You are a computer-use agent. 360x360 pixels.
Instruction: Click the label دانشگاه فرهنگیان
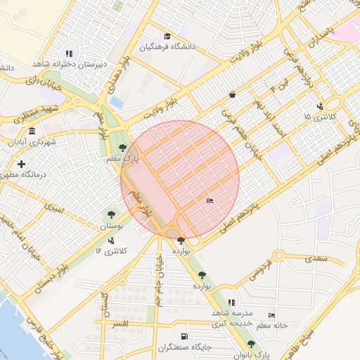click(167, 47)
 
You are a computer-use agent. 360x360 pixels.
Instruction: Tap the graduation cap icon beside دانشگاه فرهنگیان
click(167, 37)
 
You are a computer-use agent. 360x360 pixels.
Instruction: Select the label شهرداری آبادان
click(31, 141)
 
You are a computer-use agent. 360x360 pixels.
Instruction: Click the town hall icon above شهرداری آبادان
click(32, 131)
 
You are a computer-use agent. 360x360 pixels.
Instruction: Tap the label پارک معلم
click(141, 160)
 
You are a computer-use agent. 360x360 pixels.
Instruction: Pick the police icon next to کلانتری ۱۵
click(321, 107)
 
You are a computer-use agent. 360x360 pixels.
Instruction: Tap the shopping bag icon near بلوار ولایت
click(232, 94)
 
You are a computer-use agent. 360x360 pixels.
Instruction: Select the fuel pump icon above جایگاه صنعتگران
click(184, 337)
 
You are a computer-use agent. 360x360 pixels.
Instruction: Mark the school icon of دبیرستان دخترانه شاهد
click(69, 53)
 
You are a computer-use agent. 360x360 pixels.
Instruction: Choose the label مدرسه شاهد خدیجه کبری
click(232, 317)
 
